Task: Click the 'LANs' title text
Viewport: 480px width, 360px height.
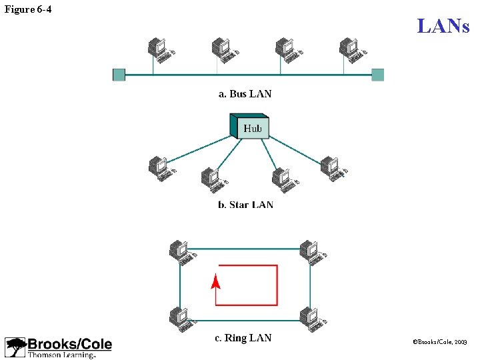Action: click(443, 26)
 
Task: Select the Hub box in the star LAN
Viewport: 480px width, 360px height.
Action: click(250, 127)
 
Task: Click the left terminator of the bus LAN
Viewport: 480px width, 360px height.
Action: click(119, 75)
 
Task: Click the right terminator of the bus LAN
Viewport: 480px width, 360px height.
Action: click(377, 75)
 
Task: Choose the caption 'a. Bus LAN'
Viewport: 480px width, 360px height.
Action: click(245, 94)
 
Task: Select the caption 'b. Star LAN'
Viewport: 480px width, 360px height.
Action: click(245, 205)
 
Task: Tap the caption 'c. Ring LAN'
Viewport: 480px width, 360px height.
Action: click(243, 338)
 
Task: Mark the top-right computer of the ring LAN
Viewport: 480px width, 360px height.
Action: click(311, 251)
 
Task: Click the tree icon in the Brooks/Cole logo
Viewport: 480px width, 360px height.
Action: click(16, 347)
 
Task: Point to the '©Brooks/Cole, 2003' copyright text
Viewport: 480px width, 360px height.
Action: click(441, 341)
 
